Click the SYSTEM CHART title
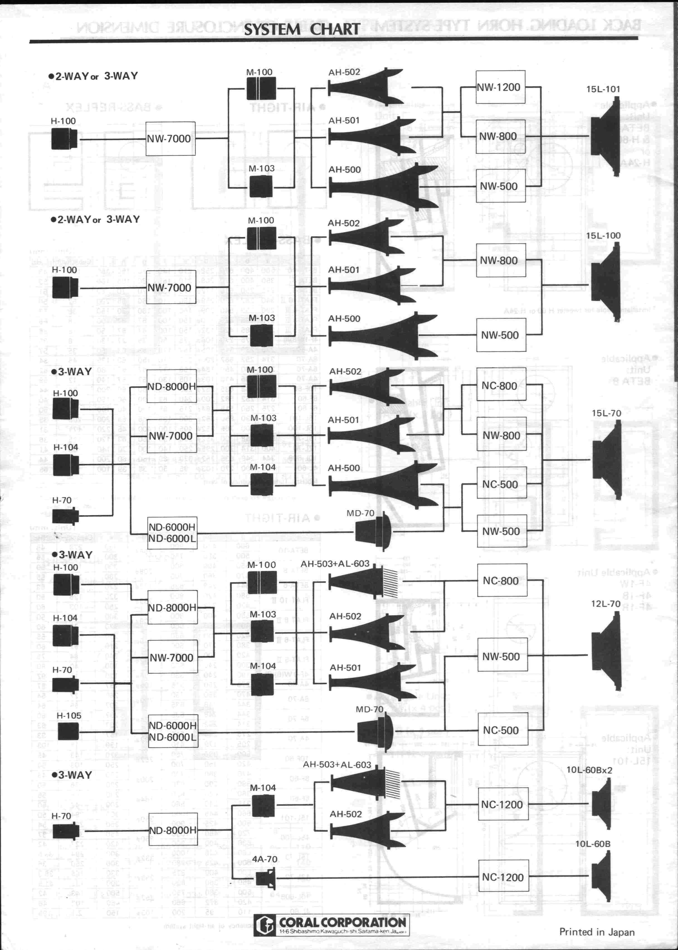[x=301, y=29]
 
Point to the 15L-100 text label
[x=603, y=235]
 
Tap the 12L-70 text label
[x=605, y=604]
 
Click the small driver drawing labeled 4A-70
[x=265, y=877]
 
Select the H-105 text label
[x=69, y=715]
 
